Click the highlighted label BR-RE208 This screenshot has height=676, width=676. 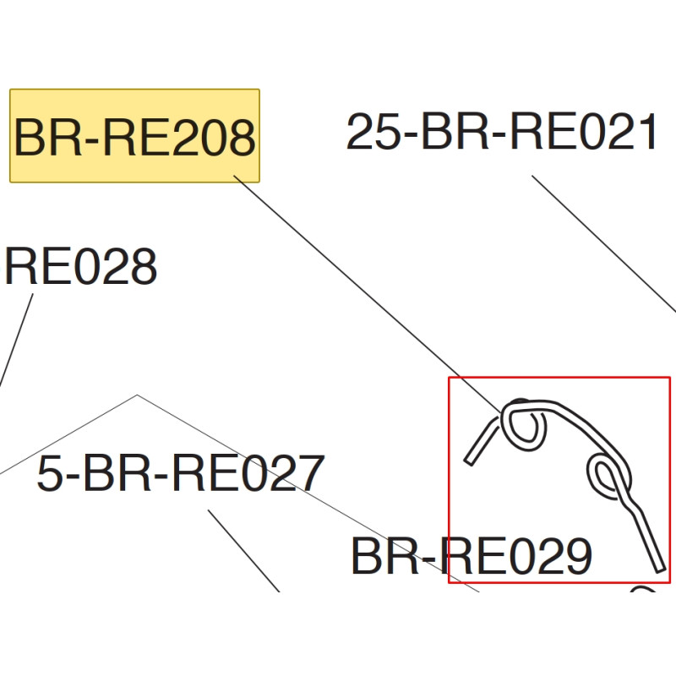pyautogui.click(x=134, y=136)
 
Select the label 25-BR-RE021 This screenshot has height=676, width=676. pyautogui.click(x=502, y=134)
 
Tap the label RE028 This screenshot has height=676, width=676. pyautogui.click(x=81, y=268)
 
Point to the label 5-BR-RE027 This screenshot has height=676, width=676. pyautogui.click(x=181, y=474)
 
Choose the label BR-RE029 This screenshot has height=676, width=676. pyautogui.click(x=471, y=557)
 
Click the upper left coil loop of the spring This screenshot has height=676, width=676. pyautogui.click(x=524, y=423)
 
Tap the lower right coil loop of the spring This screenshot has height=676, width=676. pyautogui.click(x=607, y=474)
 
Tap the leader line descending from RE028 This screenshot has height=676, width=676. pyautogui.click(x=17, y=338)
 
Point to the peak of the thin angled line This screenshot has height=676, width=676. pyautogui.click(x=138, y=395)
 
